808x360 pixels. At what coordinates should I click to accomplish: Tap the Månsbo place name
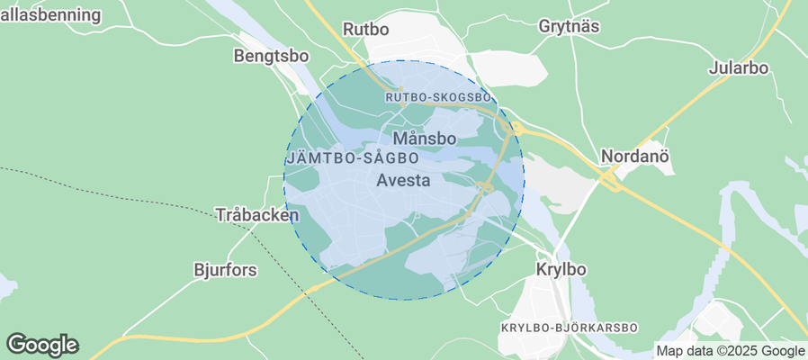pos(425,139)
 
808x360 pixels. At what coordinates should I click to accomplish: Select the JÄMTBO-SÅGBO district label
pos(352,157)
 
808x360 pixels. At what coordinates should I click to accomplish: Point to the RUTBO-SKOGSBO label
pos(437,97)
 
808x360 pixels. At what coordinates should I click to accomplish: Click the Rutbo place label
pos(365,29)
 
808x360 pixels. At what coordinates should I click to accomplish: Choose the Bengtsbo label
pos(271,56)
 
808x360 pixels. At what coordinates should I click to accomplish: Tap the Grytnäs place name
pos(569,26)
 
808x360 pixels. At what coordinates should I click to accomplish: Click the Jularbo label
pos(738,67)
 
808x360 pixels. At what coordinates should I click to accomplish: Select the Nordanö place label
pos(636,156)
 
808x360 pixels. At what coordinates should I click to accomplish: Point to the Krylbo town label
pos(561,269)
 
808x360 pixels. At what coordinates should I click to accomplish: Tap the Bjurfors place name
pos(225,269)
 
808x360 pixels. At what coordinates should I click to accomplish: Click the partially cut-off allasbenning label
pos(50,14)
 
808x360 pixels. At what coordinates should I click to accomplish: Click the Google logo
pos(42,344)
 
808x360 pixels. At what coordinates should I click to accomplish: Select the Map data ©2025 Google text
pos(730,351)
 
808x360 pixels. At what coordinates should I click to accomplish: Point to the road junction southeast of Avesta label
pos(484,187)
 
